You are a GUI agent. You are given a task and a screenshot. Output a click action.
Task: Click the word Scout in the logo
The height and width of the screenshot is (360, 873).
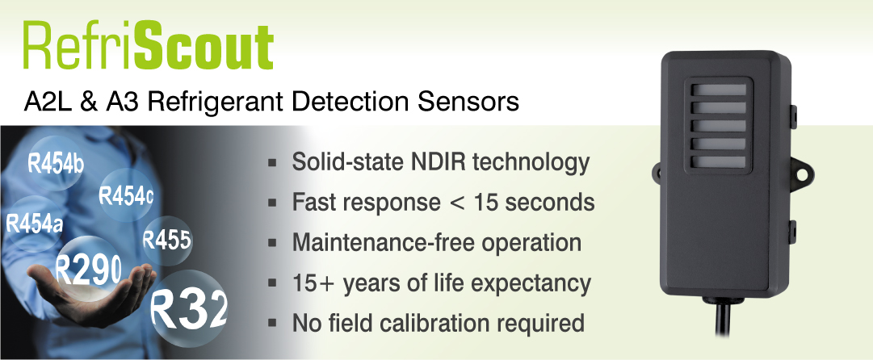pos(204,46)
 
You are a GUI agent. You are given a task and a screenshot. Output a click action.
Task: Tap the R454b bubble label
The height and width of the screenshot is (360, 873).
pos(56,164)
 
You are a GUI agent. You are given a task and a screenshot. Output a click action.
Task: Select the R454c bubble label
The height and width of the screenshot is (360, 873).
pos(126,195)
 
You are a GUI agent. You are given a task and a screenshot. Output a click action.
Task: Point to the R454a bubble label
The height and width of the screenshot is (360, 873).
pos(34,224)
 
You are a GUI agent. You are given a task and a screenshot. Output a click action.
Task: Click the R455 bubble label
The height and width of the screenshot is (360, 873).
pos(167,241)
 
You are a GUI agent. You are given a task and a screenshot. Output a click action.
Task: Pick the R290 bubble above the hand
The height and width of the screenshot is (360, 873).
pos(89,270)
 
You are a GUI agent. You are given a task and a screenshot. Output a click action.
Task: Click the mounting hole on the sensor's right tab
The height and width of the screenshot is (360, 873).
pos(802,174)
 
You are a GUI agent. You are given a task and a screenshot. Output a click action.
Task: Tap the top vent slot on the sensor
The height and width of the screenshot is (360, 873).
pos(719,90)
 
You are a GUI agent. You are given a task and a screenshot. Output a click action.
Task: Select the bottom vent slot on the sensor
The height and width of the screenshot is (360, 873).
pos(719,162)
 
